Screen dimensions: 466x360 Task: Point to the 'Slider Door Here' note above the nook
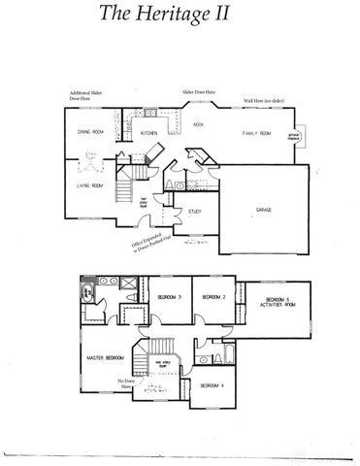(199, 92)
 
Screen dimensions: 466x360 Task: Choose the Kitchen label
(149, 133)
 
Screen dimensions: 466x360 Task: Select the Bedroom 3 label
(169, 296)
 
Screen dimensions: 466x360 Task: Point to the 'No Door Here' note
(123, 383)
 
